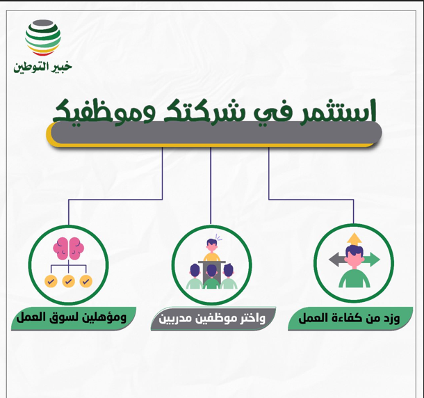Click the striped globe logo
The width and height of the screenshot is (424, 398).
42,38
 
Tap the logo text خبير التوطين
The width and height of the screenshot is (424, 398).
42,67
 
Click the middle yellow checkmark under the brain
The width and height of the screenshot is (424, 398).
68,281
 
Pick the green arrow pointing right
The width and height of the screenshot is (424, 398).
373,260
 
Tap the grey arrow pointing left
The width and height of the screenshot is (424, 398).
336,260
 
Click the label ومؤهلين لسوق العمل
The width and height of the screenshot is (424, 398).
72,318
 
